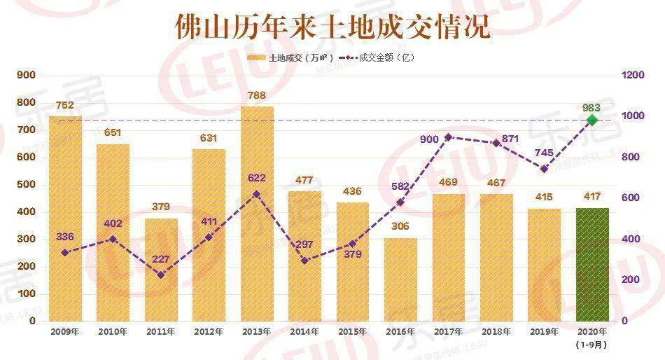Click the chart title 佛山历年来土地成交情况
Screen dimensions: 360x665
[x=332, y=27]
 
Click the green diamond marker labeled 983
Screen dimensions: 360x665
[x=592, y=120]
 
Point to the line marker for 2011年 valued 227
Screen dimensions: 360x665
[x=161, y=275]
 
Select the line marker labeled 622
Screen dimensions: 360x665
[x=257, y=194]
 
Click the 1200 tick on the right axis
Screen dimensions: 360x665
[x=632, y=76]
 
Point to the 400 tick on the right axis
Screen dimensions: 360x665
[x=629, y=240]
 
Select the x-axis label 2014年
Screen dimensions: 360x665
[x=305, y=331]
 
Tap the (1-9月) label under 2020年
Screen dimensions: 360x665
[x=592, y=344]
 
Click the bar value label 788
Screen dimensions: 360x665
[x=257, y=95]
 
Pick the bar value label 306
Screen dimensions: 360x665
[x=400, y=226]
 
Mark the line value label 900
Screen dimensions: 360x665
[x=429, y=139]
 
